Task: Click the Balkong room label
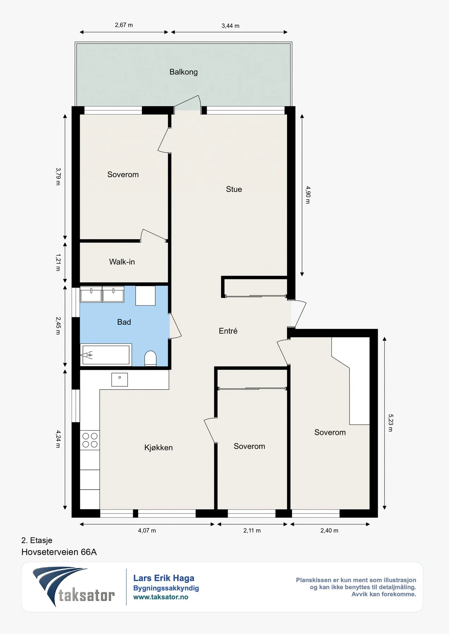pos(183,72)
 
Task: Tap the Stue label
pos(234,189)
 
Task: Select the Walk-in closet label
pos(122,262)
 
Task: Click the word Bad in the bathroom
pos(124,322)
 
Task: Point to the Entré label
pos(228,331)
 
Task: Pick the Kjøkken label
pos(158,448)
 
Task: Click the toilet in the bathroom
pos(151,358)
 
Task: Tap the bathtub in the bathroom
pos(106,355)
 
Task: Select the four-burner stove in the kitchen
pos(90,440)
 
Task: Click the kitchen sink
pos(120,380)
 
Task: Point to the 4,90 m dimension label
pos(308,195)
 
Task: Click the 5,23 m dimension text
pos(390,423)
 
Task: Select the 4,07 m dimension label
pos(147,530)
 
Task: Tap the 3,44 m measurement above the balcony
pos(230,26)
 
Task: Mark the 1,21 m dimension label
pos(58,262)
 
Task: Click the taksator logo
pos(73,587)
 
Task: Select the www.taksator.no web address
pos(160,597)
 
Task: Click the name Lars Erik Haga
pos(164,578)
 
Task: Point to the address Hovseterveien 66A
pos(59,552)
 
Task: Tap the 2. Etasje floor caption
pos(37,540)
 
